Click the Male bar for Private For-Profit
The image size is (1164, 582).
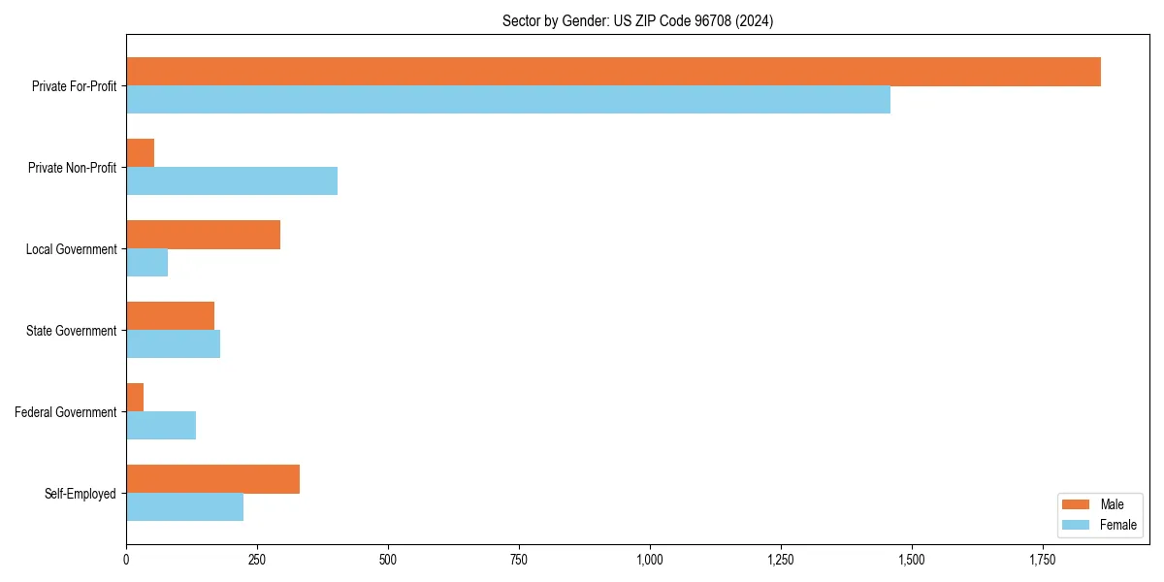[613, 72]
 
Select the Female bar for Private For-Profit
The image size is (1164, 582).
[508, 100]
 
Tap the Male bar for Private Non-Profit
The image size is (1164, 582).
[141, 153]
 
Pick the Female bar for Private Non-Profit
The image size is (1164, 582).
[232, 181]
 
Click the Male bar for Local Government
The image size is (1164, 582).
[204, 235]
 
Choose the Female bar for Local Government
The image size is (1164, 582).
[147, 263]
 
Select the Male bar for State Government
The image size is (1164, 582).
[171, 316]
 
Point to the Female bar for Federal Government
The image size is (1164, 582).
[161, 426]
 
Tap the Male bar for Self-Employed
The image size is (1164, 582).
[213, 479]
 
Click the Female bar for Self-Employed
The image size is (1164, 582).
[185, 507]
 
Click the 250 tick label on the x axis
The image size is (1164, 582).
[257, 560]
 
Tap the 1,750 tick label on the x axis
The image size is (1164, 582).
[1043, 560]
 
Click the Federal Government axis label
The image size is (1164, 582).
[66, 412]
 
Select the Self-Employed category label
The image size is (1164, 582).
[81, 494]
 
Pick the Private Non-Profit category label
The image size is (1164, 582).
[72, 168]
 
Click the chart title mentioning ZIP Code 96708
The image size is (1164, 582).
[637, 20]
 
